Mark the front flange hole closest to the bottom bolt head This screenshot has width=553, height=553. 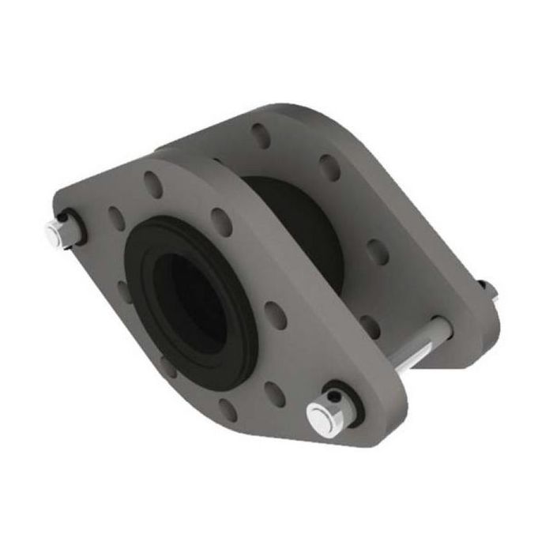coord(275,393)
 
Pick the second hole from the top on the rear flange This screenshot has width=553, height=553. coord(329,167)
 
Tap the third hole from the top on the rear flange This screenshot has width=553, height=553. coord(378,251)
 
